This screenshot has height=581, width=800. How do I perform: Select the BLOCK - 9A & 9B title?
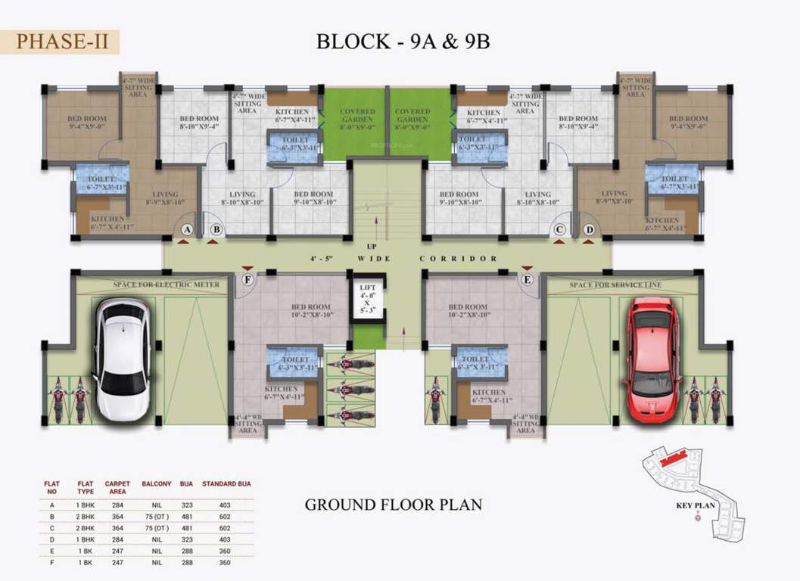click(403, 41)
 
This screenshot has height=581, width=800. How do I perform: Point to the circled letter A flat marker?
click(188, 229)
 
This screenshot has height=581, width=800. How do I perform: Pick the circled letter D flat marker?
click(589, 229)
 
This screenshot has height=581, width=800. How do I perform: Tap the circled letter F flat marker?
click(247, 279)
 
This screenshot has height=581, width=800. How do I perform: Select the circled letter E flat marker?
click(527, 279)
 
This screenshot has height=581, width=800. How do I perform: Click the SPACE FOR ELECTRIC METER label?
click(167, 284)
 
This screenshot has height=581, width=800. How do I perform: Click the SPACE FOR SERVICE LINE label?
click(615, 284)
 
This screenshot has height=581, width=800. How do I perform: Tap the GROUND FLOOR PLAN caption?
click(393, 504)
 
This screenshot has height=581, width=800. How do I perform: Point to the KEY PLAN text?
click(696, 507)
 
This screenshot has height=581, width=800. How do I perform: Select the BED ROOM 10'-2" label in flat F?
click(313, 311)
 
